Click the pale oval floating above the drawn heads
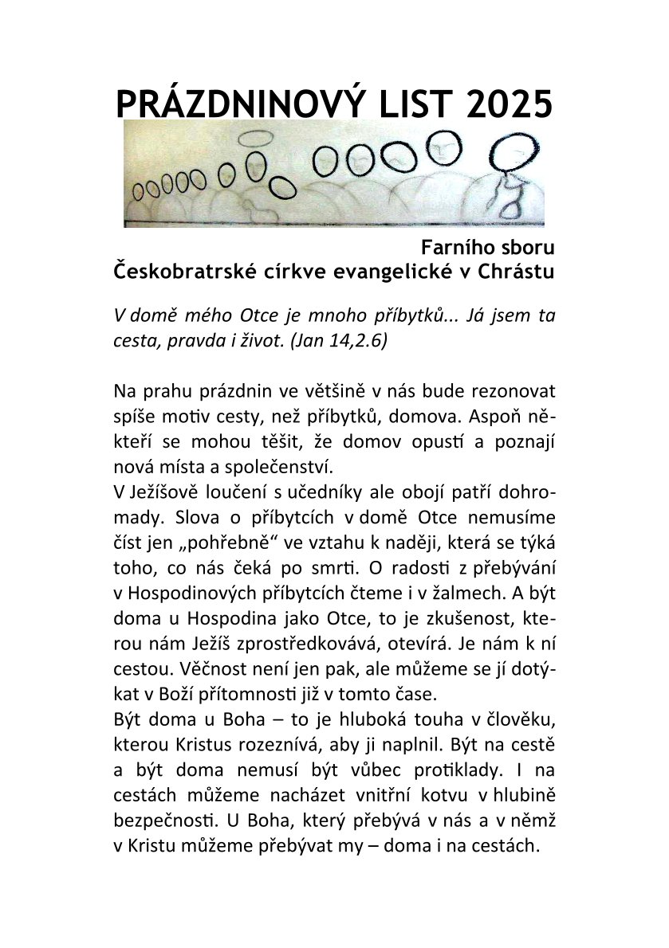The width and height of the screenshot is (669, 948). coord(254,138)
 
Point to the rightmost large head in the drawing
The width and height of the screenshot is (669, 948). coord(510,151)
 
